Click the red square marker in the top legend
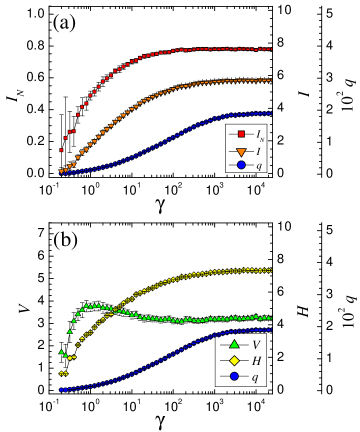(x=241, y=134)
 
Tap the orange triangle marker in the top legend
(x=241, y=150)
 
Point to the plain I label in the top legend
(x=258, y=150)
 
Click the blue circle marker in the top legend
(x=241, y=165)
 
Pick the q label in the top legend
(x=259, y=166)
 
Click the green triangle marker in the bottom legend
(x=234, y=344)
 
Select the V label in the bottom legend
(x=256, y=345)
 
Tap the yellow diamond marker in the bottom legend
(x=234, y=360)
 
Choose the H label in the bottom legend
(x=256, y=361)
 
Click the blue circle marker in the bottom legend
(x=234, y=376)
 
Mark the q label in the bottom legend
(x=255, y=377)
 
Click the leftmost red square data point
(x=61, y=150)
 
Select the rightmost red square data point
(x=270, y=48)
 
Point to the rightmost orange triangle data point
(x=270, y=80)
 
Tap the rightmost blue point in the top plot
(x=270, y=113)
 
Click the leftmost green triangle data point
(x=61, y=352)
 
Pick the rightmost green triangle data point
(x=270, y=318)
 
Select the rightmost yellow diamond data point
(x=270, y=270)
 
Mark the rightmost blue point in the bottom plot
(x=270, y=330)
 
